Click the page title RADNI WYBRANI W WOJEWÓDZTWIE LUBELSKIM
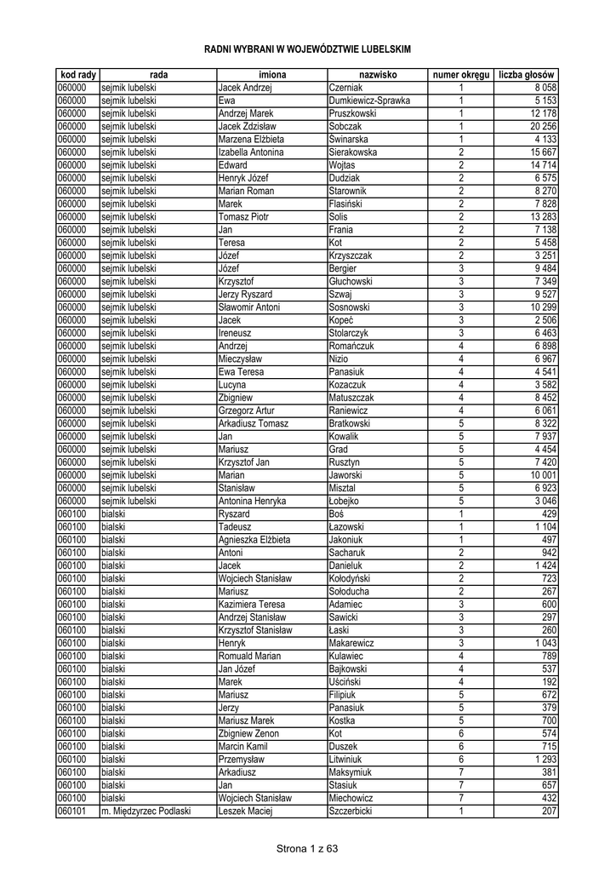(x=308, y=50)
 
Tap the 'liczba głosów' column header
(x=528, y=76)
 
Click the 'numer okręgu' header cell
(x=461, y=76)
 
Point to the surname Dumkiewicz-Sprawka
(x=369, y=100)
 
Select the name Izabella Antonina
(x=251, y=152)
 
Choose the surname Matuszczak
(x=351, y=397)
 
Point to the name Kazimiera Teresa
(x=251, y=604)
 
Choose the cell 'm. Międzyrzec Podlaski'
(x=145, y=811)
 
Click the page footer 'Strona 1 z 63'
(x=308, y=848)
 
